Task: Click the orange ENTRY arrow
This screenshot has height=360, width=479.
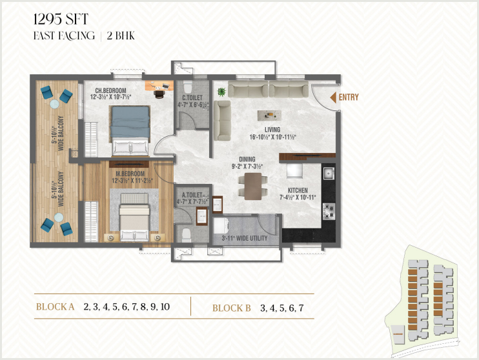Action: click(333, 97)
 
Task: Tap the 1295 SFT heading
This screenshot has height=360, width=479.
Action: click(61, 19)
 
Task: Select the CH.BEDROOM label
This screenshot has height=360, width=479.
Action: click(110, 91)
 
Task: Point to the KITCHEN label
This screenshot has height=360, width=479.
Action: click(298, 190)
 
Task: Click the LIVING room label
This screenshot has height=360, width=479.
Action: click(272, 130)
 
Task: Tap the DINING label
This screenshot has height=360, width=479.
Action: click(247, 159)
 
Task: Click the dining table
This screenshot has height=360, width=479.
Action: click(253, 186)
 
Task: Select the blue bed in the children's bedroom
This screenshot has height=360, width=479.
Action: click(130, 132)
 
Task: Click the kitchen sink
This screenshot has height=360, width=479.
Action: click(329, 174)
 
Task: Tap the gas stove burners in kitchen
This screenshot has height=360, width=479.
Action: click(329, 212)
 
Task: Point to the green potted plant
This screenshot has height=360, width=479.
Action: click(221, 92)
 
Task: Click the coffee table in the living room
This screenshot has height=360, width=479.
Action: click(269, 115)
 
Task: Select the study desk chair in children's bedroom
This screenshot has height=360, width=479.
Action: click(159, 94)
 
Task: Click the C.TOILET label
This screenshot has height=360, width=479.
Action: click(192, 98)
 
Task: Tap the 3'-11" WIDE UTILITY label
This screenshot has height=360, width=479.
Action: click(245, 238)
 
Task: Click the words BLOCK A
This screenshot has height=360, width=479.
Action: click(56, 307)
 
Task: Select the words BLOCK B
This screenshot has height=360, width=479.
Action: click(232, 308)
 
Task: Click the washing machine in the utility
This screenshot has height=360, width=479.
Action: click(220, 226)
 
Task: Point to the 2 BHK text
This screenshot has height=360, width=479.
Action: click(121, 35)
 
